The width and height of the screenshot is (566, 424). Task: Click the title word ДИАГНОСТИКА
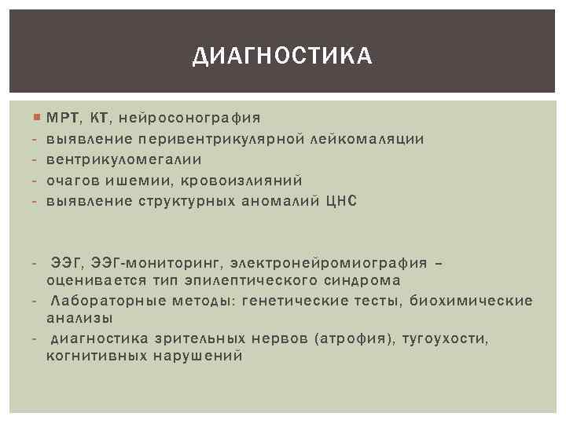tap(283, 56)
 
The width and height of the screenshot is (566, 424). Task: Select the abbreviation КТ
tap(101, 119)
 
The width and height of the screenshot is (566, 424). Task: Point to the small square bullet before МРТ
tap(39, 118)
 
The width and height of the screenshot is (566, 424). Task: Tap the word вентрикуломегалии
tap(124, 159)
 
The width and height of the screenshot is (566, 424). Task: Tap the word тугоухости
tap(446, 338)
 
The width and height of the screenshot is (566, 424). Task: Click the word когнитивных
tap(94, 356)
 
